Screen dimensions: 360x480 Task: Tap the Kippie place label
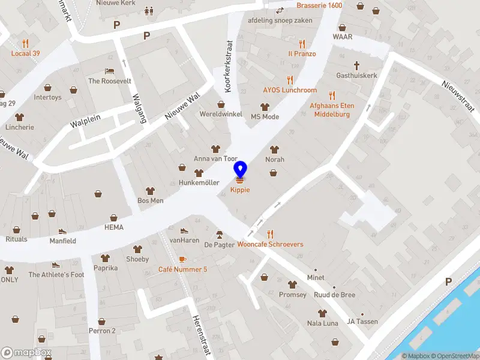(240, 190)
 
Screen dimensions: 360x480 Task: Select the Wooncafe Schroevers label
(270, 244)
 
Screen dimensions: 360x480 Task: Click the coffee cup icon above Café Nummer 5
(182, 259)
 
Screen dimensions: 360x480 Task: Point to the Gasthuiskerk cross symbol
(356, 65)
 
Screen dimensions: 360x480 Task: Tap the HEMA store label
(114, 227)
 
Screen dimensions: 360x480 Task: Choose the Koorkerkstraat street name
(227, 66)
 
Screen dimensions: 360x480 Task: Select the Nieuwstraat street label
(458, 97)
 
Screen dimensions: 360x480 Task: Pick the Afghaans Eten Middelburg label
(332, 110)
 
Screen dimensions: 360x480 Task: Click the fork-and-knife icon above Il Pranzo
(302, 44)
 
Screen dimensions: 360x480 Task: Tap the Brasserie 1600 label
(319, 5)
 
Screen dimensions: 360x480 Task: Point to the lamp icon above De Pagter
(219, 234)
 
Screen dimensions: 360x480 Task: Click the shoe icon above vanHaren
(184, 230)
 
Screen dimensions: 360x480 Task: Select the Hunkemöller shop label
(199, 182)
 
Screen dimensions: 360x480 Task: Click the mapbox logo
(26, 352)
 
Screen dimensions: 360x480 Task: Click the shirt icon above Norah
(275, 149)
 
